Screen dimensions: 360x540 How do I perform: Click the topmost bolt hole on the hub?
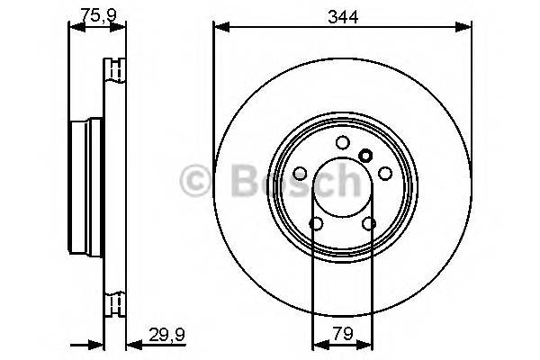tap(343, 141)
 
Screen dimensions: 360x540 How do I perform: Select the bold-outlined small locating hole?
tap(365, 155)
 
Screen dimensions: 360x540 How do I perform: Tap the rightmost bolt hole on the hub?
tap(385, 173)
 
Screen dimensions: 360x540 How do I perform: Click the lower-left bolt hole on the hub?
tap(317, 223)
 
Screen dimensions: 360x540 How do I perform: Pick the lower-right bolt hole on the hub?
tap(369, 223)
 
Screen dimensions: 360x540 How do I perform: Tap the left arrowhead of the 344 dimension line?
tap(219, 28)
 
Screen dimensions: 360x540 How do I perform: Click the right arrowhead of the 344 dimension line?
tap(467, 28)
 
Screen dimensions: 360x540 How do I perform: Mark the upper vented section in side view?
tap(114, 71)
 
